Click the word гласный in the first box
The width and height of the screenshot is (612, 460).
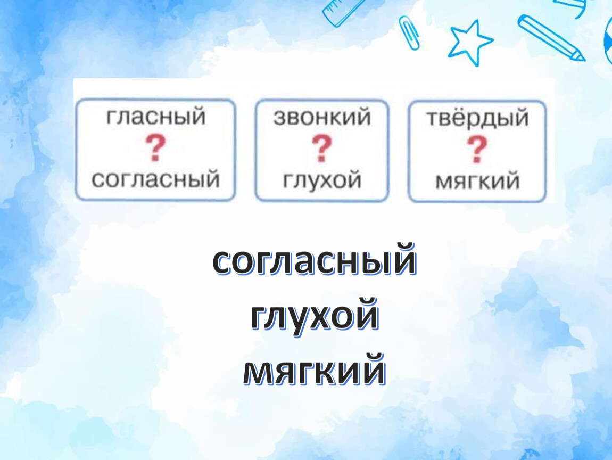155,117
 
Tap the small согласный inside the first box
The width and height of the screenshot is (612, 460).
155,179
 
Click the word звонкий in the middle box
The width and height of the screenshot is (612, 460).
321,117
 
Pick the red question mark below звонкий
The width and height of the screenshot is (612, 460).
321,149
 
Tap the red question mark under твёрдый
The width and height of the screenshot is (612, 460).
477,149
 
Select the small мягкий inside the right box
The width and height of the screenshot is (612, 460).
477,181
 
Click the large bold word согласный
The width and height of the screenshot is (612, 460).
314,261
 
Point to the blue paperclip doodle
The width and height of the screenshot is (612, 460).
409,33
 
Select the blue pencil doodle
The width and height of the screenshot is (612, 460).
551,37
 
